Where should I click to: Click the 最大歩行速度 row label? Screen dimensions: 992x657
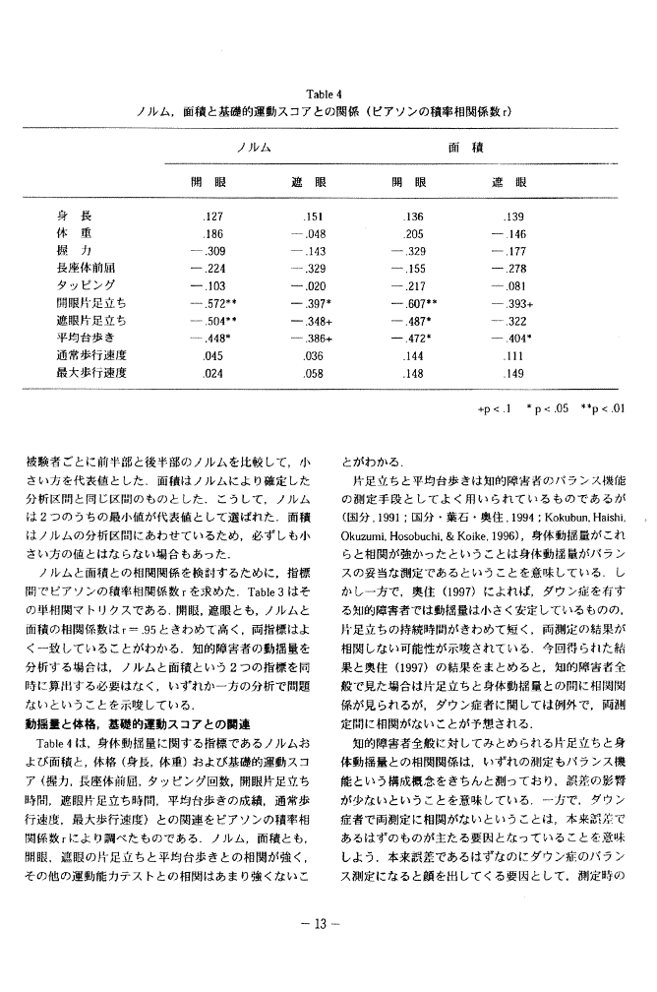[x=90, y=373]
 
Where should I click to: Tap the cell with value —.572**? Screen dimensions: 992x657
[x=211, y=303]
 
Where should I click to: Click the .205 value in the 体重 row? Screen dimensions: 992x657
[x=414, y=234]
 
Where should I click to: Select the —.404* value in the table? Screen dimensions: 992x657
[x=513, y=338]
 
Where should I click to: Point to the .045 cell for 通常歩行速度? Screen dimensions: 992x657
[x=212, y=355]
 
